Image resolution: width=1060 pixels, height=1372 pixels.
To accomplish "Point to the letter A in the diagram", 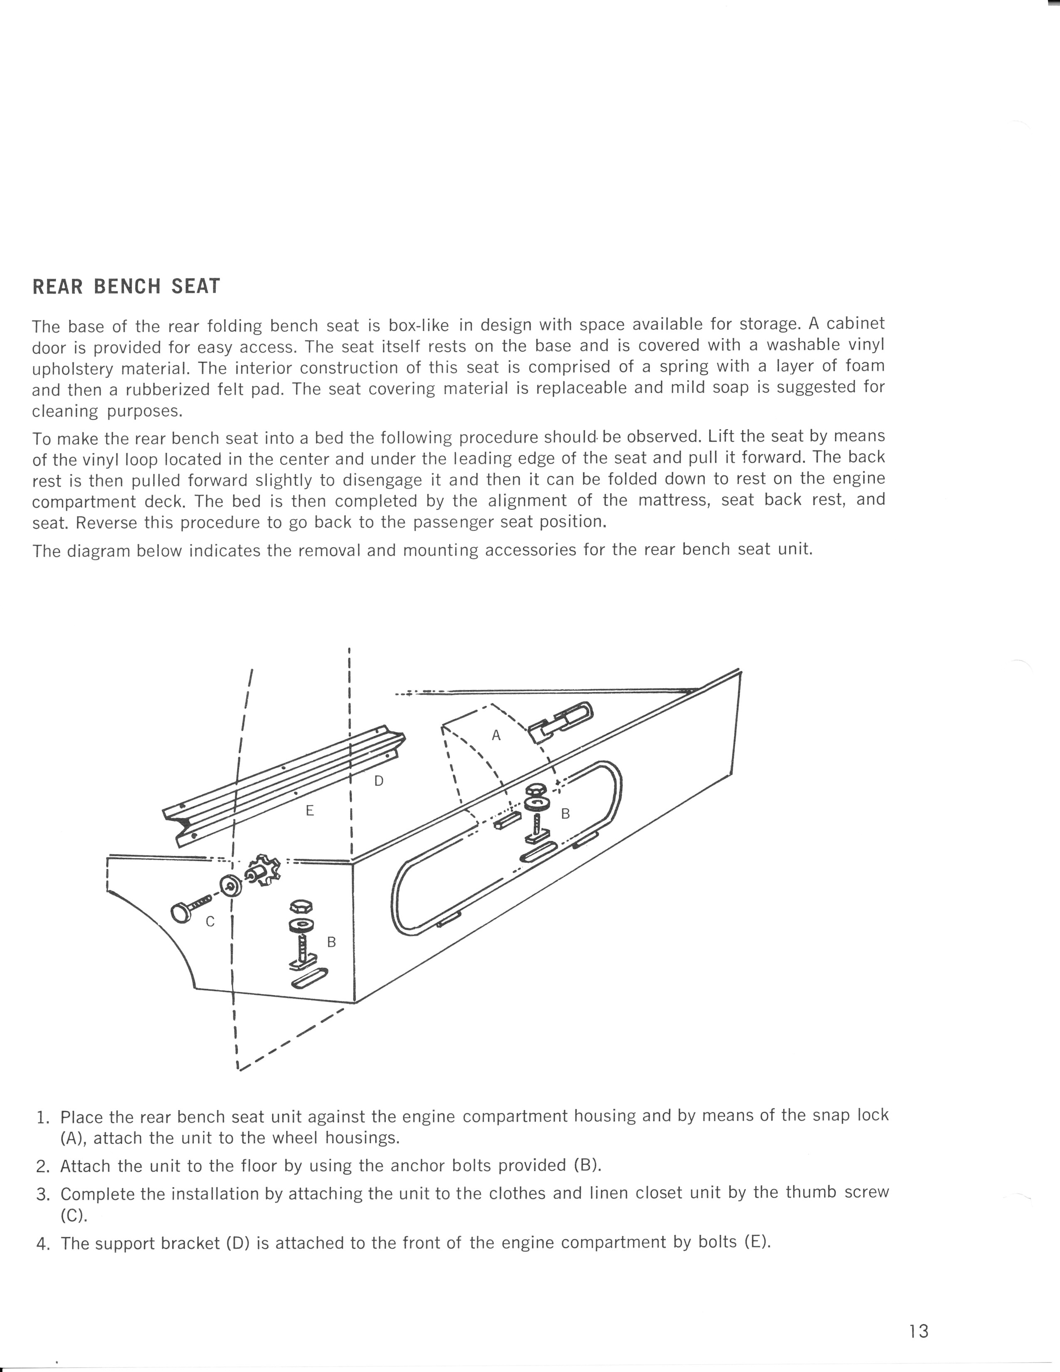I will point(496,735).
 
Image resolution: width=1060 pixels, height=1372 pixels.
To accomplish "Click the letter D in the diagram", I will point(378,781).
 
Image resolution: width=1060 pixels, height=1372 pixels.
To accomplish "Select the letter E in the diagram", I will point(309,811).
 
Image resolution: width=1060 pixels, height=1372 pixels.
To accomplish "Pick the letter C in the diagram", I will point(210,922).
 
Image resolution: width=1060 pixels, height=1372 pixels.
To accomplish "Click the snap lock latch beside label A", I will point(561,721).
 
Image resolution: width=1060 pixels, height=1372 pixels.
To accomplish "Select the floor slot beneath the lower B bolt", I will point(309,979).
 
